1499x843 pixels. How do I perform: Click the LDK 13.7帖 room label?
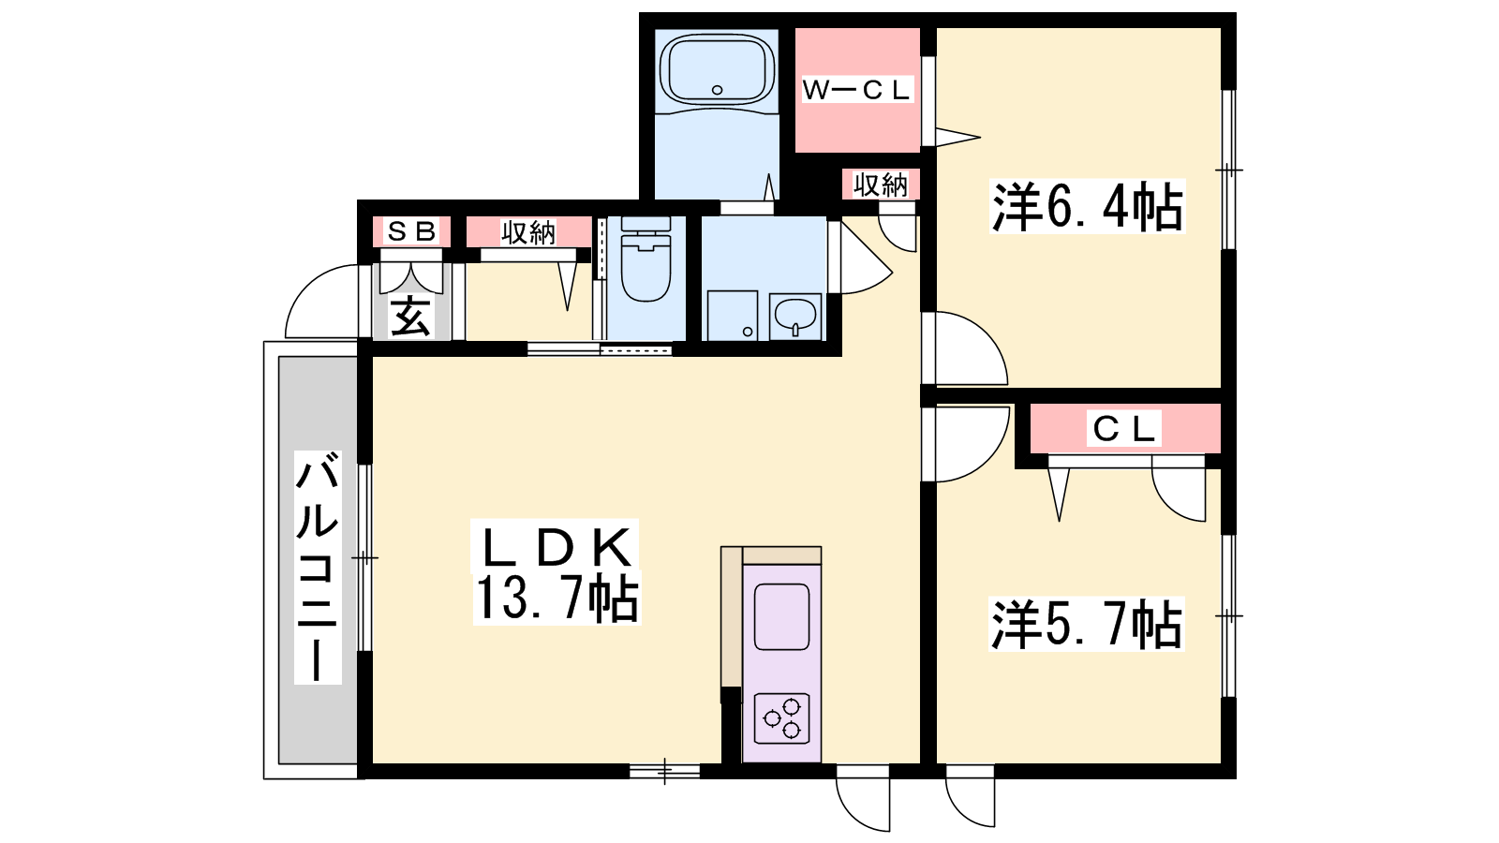[x=557, y=572]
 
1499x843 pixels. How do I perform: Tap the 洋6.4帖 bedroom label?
[x=1087, y=207]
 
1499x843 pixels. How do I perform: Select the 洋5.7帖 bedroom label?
[x=1086, y=624]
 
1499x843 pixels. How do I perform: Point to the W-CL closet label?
[x=856, y=90]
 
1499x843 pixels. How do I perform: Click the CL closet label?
[x=1123, y=429]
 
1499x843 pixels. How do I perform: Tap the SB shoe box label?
[x=411, y=231]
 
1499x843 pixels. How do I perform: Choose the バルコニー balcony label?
[x=318, y=568]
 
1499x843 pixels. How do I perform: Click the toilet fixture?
[x=646, y=259]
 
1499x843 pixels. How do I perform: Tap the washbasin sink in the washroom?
[x=795, y=317]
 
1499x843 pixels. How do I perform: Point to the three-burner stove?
[x=781, y=719]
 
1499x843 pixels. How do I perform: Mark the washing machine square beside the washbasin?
[x=733, y=315]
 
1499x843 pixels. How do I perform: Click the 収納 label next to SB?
[x=528, y=232]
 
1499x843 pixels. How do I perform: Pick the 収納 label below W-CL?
[x=881, y=185]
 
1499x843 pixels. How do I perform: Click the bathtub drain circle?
[x=718, y=90]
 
